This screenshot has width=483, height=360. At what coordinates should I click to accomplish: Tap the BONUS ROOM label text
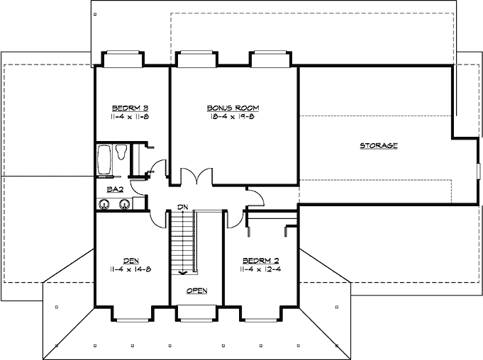pyautogui.click(x=233, y=108)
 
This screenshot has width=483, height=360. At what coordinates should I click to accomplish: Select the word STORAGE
pyautogui.click(x=378, y=145)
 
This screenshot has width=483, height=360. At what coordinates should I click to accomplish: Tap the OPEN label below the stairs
pyautogui.click(x=196, y=291)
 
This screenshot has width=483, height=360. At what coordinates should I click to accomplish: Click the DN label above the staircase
pyautogui.click(x=182, y=207)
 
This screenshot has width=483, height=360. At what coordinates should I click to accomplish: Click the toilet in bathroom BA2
pyautogui.click(x=121, y=151)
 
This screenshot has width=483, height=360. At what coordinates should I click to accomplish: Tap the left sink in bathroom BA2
pyautogui.click(x=105, y=204)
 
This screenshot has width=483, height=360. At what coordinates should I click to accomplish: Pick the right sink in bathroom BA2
pyautogui.click(x=124, y=204)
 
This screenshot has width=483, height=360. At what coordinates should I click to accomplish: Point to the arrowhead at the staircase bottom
pyautogui.click(x=183, y=271)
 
